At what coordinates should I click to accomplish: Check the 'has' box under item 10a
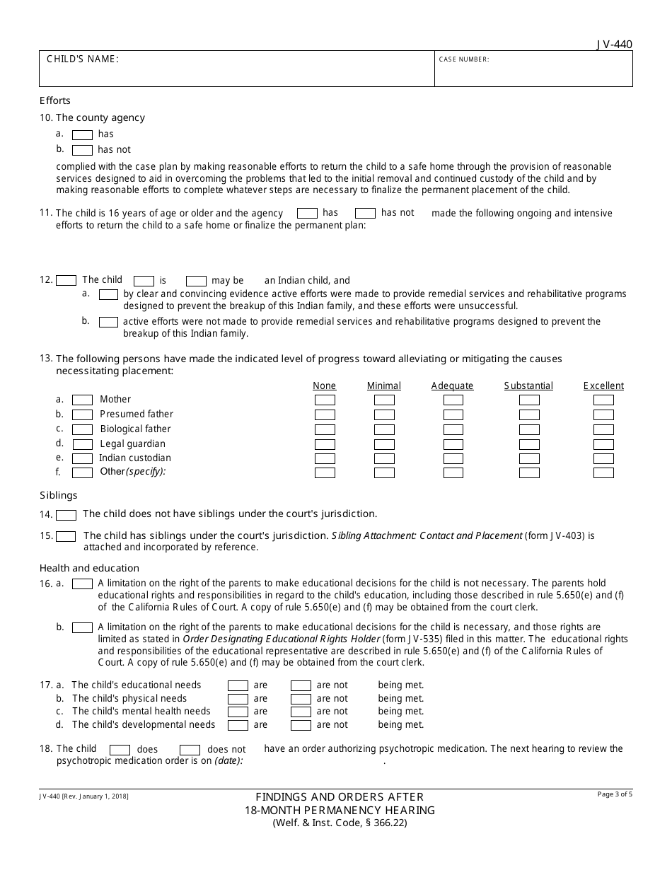coord(83,134)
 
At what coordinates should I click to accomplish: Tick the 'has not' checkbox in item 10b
coord(83,150)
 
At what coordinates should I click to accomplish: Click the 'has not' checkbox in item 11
coord(365,213)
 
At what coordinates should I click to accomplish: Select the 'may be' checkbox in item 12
coord(196,281)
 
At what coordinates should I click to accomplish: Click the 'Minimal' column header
coord(383,385)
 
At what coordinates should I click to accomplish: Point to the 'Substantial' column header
coord(528,385)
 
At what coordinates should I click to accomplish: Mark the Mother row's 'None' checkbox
coord(325,400)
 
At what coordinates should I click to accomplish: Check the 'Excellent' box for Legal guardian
coord(603,444)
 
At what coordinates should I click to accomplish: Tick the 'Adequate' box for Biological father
coord(453,429)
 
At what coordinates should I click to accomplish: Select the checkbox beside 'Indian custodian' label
coord(83,458)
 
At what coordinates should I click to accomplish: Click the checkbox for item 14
coord(66,515)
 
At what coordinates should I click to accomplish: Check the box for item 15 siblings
coord(66,536)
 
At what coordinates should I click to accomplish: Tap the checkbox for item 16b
coord(83,627)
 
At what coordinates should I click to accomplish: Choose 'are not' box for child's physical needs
coord(301,699)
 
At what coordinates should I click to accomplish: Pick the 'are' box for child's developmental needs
coord(238,725)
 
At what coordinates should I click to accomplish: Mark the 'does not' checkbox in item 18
coord(190,750)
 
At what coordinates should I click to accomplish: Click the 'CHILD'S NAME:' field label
coord(83,59)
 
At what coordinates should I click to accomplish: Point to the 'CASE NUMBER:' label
coord(464,59)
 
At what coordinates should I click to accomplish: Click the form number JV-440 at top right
coord(614,45)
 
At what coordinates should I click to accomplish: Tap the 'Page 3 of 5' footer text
coord(615,794)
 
